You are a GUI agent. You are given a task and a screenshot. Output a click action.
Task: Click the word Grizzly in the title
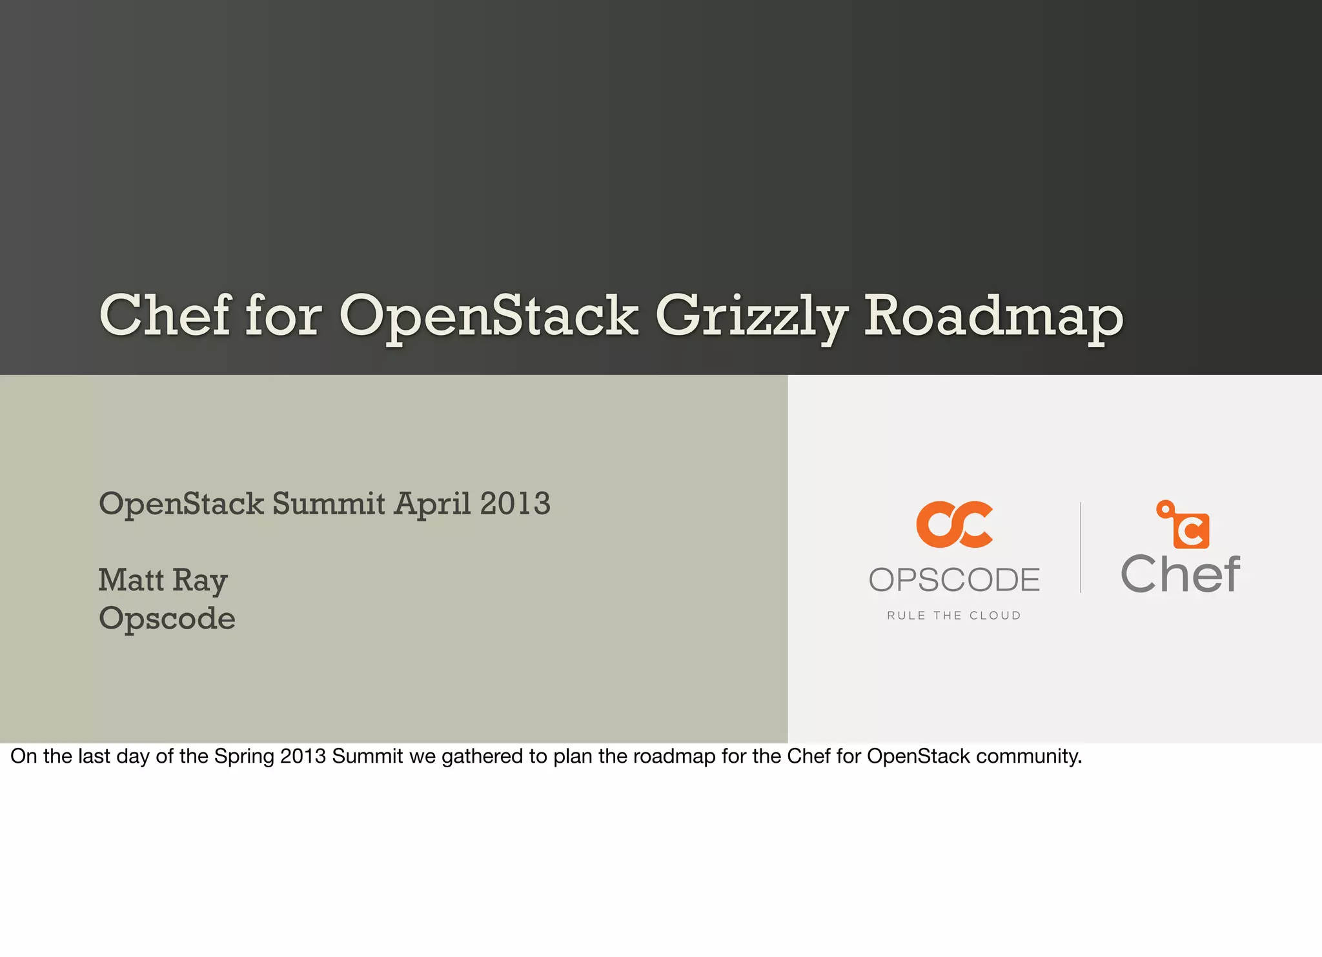(x=751, y=317)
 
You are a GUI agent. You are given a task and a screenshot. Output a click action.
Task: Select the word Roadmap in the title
(x=993, y=317)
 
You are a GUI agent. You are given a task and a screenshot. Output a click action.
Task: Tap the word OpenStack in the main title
(x=489, y=317)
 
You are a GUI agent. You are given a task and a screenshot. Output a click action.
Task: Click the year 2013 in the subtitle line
(x=514, y=503)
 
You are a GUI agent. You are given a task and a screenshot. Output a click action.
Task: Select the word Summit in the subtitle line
(x=329, y=503)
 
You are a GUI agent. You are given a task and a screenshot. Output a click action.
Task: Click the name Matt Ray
(x=163, y=580)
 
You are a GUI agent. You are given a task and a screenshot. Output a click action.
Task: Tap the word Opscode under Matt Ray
(x=167, y=619)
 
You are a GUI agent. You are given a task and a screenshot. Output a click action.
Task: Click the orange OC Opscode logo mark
(x=954, y=525)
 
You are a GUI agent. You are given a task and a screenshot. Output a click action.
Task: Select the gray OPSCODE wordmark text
(x=954, y=579)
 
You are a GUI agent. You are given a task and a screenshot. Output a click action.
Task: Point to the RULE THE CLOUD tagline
(x=954, y=616)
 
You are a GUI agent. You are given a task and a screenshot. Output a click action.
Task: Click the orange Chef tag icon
(x=1185, y=525)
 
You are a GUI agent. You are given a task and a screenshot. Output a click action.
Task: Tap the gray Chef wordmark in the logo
(x=1180, y=574)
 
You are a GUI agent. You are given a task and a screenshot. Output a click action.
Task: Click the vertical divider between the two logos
(x=1081, y=547)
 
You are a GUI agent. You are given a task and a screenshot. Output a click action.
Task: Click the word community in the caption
(x=1028, y=756)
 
